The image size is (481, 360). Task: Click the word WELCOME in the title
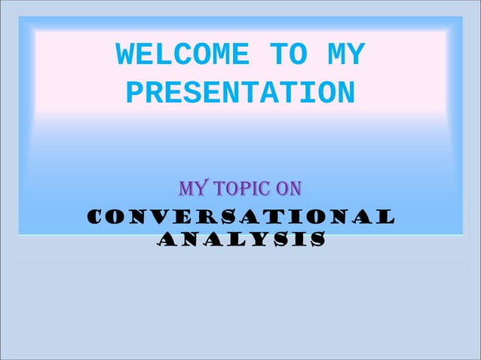pos(182,55)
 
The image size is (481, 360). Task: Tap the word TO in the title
pos(287,55)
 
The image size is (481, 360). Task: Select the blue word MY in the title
pos(347,55)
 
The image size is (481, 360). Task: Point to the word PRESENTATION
pos(240,94)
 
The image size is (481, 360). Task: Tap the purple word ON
pos(290,187)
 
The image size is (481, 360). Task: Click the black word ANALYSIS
pos(241,240)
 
